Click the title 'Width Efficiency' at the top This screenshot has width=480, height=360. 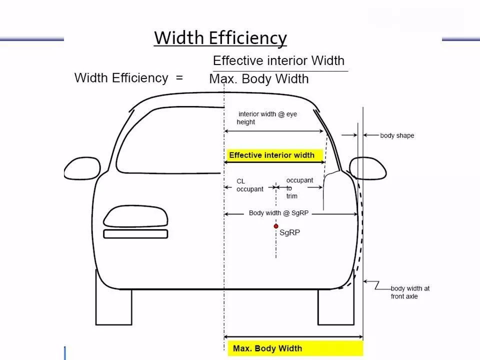(x=220, y=38)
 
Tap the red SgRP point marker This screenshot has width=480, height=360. (x=276, y=226)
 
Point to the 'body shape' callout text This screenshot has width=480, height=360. (x=397, y=135)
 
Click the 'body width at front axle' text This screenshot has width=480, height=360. (x=410, y=292)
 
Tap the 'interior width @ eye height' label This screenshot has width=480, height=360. (x=267, y=118)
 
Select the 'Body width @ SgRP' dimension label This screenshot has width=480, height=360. (x=278, y=213)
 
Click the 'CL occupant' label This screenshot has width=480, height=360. (x=250, y=185)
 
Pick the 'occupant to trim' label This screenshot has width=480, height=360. (x=299, y=188)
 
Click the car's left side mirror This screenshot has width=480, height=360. (x=82, y=168)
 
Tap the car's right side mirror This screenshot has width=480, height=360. (x=368, y=168)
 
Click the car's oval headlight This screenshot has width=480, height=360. (x=135, y=216)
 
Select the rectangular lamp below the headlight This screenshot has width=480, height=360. (x=135, y=234)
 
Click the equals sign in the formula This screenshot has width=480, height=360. (x=179, y=78)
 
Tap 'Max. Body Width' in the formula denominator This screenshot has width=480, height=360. (x=259, y=79)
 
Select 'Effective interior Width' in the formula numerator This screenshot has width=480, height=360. (x=278, y=60)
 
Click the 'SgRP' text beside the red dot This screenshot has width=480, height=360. (x=289, y=232)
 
